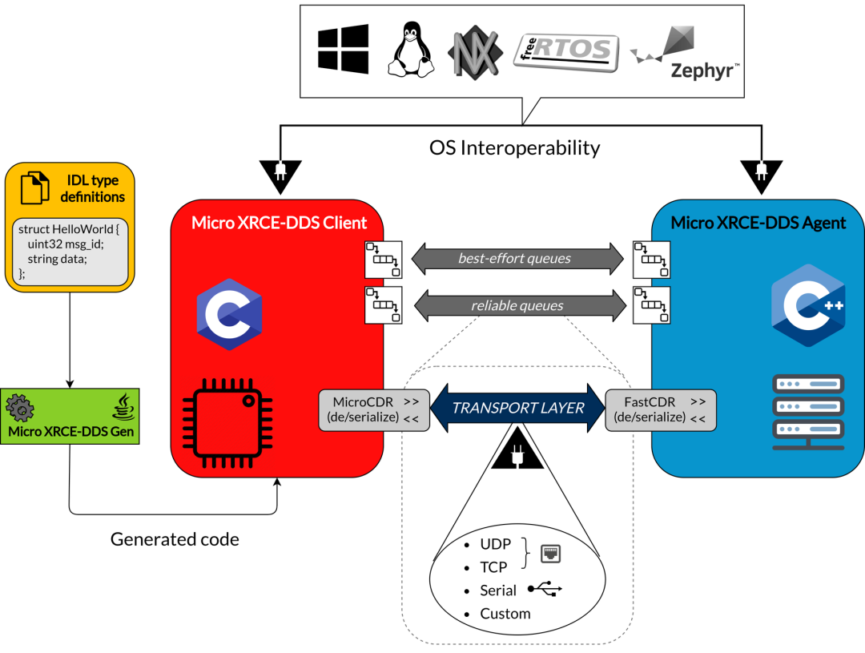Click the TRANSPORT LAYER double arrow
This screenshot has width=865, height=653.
(517, 408)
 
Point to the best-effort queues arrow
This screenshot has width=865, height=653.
(517, 258)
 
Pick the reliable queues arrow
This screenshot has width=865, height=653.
(517, 305)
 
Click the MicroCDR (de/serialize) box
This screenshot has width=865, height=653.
(374, 409)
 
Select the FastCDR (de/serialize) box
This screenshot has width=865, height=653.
(660, 409)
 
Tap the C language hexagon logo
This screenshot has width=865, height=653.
(230, 314)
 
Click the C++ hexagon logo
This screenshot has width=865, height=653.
(807, 304)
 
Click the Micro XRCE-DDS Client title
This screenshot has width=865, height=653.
(279, 223)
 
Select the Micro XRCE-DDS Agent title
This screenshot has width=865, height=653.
(758, 223)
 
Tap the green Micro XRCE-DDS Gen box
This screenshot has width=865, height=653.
(70, 417)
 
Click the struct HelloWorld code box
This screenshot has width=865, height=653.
(70, 251)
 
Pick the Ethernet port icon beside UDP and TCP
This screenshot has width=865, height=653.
(551, 553)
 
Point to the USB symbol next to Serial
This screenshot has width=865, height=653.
(545, 590)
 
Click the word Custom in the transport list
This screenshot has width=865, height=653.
(505, 614)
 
